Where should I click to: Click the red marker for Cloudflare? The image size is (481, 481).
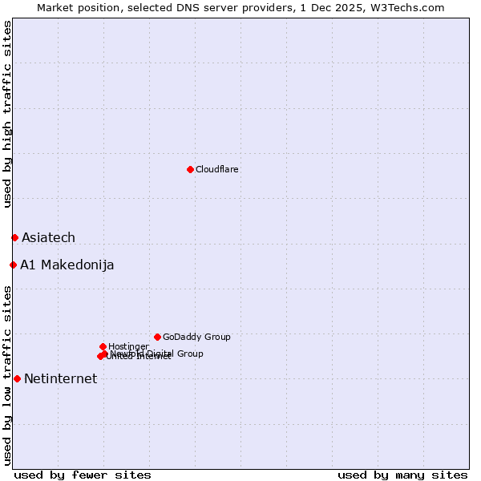[190, 169]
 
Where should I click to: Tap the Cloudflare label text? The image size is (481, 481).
[216, 169]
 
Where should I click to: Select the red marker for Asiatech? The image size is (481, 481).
[14, 237]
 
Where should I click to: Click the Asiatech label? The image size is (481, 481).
[48, 237]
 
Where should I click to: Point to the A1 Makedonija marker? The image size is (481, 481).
[13, 265]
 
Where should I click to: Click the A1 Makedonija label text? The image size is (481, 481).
[67, 265]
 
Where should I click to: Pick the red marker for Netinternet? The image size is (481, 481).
[17, 378]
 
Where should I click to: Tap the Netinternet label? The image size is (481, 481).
[60, 379]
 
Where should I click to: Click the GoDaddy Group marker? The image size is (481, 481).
[157, 337]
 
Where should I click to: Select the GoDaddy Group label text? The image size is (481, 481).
[196, 337]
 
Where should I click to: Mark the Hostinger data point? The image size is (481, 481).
[103, 346]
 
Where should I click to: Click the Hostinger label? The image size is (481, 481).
[128, 346]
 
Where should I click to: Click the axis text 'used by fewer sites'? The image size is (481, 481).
[83, 475]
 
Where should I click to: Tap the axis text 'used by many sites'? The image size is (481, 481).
[402, 475]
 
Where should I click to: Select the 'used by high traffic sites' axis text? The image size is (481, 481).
[7, 114]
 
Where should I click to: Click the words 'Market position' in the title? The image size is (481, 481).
[75, 7]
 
